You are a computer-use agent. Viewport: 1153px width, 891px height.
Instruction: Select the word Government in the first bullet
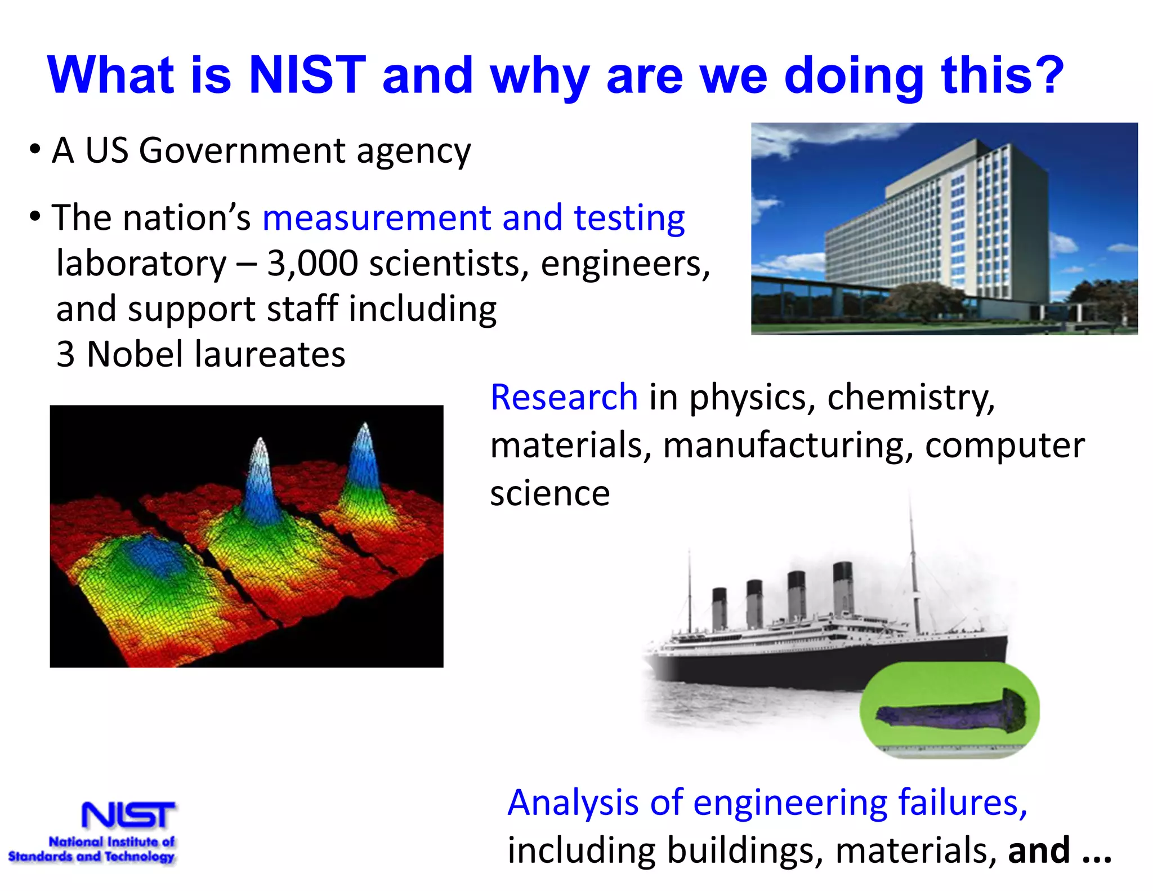point(242,151)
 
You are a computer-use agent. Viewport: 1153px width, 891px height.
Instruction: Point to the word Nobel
point(135,354)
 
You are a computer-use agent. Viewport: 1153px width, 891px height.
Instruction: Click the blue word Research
point(564,397)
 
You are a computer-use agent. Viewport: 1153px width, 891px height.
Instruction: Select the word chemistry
point(910,397)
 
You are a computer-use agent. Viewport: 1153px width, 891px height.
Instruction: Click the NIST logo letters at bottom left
point(128,815)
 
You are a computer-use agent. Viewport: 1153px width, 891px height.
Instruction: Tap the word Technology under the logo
point(140,857)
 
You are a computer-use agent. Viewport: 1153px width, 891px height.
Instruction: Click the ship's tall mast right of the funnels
point(913,563)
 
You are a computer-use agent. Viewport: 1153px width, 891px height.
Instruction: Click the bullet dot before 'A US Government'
point(35,150)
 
